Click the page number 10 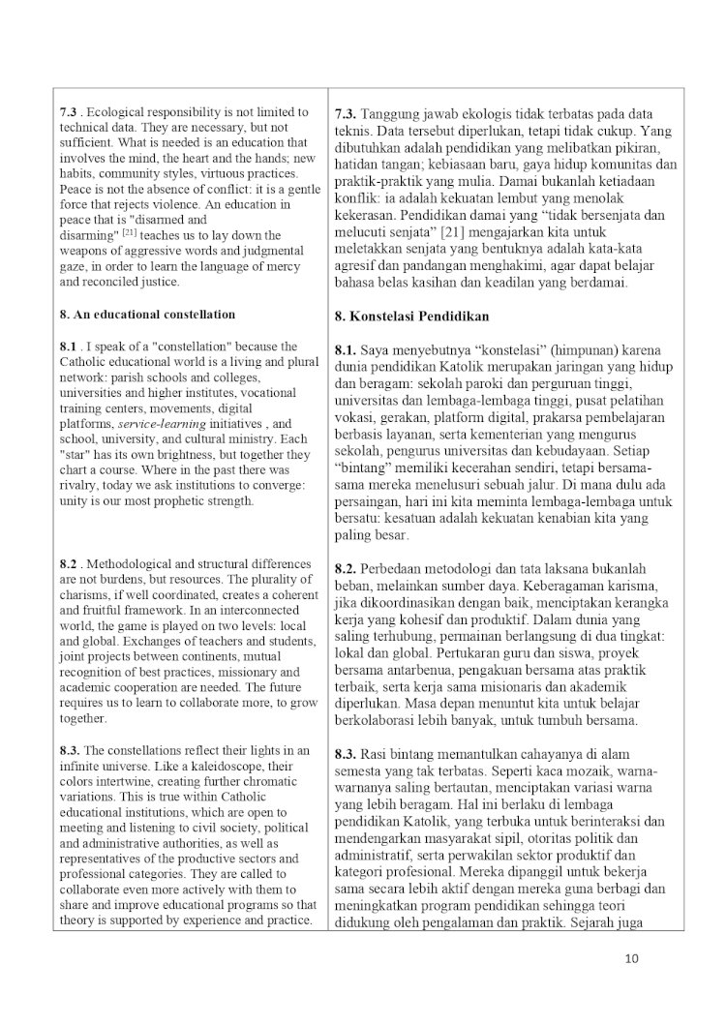pyautogui.click(x=632, y=959)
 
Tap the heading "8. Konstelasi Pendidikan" pyautogui.click(x=411, y=317)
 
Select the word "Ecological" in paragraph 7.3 pyautogui.click(x=120, y=112)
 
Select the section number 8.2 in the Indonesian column pyautogui.click(x=347, y=568)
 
